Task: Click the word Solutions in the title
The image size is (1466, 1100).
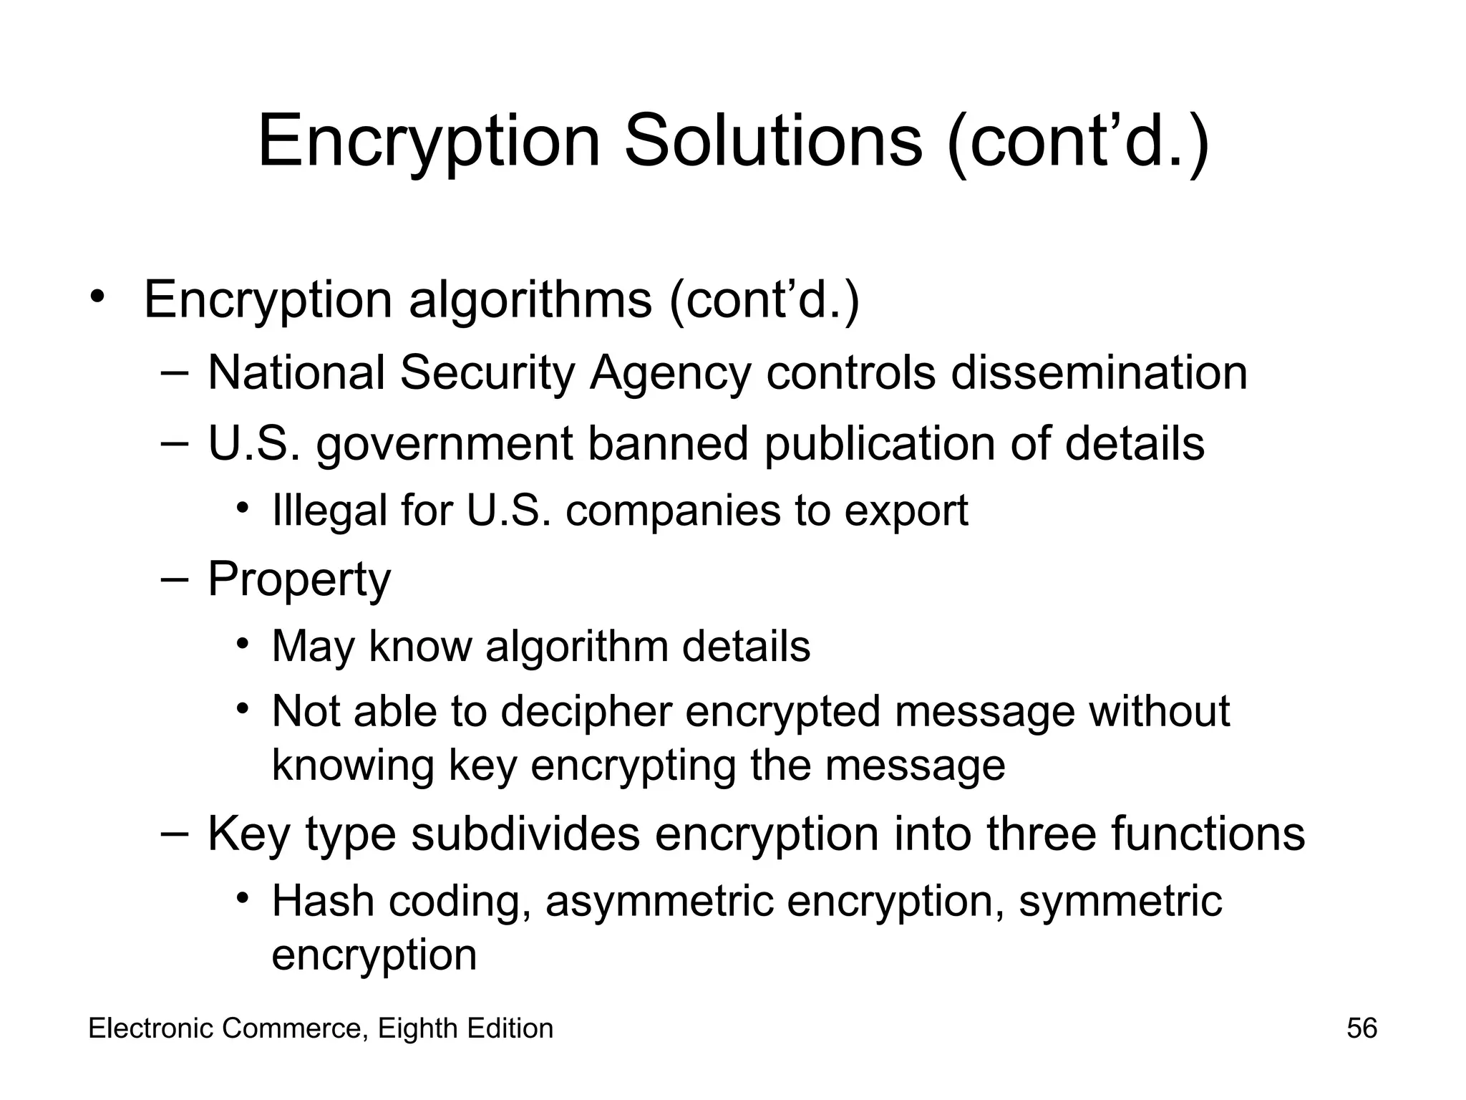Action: coord(773,141)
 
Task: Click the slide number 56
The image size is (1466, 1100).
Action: coord(1361,1028)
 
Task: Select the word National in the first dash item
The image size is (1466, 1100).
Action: coord(296,372)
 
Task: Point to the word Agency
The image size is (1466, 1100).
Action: coord(670,374)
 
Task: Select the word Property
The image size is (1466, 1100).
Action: coord(299,579)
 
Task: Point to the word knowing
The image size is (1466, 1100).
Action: coord(352,766)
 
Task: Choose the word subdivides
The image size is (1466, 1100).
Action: coord(525,834)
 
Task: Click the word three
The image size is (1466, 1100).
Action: coord(1041,834)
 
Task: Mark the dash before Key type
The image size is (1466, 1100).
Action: coord(175,833)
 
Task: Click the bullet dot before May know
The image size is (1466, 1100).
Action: coord(243,642)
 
